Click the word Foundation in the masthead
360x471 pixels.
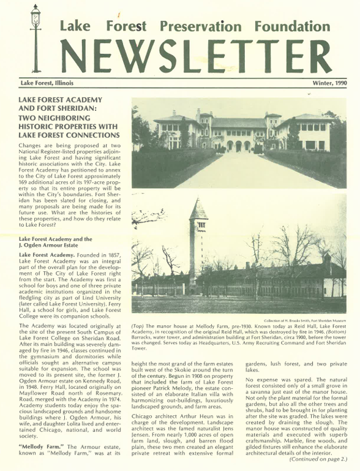pyautogui.click(x=293, y=26)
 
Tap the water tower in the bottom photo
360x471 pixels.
pyautogui.click(x=198, y=242)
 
